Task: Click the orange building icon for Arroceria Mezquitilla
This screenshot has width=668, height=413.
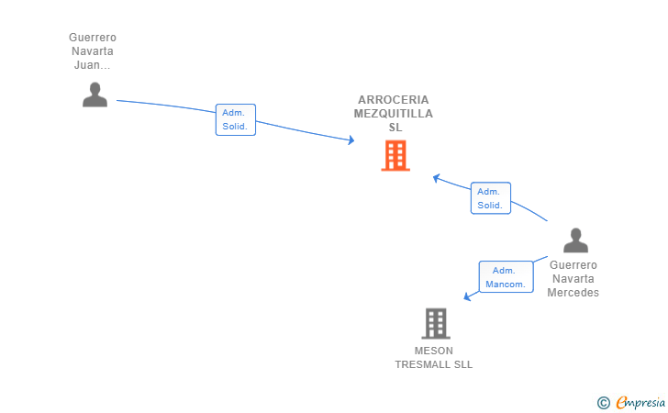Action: pyautogui.click(x=395, y=156)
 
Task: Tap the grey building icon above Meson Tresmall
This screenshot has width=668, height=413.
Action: pyautogui.click(x=436, y=323)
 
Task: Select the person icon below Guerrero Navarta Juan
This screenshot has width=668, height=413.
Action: pyautogui.click(x=95, y=95)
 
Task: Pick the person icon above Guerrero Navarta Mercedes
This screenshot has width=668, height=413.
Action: pyautogui.click(x=575, y=240)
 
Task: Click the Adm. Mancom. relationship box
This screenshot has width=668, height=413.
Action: pyautogui.click(x=507, y=277)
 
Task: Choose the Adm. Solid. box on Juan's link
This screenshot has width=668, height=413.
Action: pyautogui.click(x=236, y=119)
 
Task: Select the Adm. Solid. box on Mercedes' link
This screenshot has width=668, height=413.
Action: pyautogui.click(x=491, y=198)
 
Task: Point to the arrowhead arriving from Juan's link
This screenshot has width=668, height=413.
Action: pyautogui.click(x=351, y=140)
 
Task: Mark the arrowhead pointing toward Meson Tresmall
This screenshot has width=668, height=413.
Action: pyautogui.click(x=467, y=296)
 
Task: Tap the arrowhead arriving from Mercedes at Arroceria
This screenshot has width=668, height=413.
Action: pyautogui.click(x=436, y=178)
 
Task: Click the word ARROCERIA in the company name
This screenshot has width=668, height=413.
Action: pyautogui.click(x=394, y=100)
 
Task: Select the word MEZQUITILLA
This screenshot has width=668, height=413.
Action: pyautogui.click(x=394, y=114)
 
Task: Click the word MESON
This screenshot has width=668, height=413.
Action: pyautogui.click(x=434, y=351)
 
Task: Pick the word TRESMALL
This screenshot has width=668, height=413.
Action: pyautogui.click(x=424, y=365)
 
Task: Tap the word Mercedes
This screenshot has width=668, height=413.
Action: pyautogui.click(x=573, y=293)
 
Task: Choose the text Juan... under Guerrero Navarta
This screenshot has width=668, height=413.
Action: pyautogui.click(x=93, y=65)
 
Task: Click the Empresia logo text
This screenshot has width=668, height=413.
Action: pyautogui.click(x=640, y=402)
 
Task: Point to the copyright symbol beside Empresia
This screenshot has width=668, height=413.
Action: pyautogui.click(x=604, y=403)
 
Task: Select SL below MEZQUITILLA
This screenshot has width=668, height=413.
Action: pyautogui.click(x=395, y=128)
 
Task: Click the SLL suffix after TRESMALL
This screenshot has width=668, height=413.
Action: pyautogui.click(x=463, y=365)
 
